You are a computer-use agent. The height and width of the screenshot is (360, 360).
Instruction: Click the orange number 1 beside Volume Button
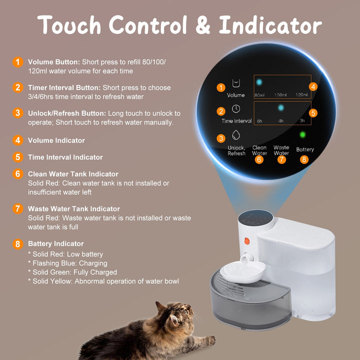(18, 62)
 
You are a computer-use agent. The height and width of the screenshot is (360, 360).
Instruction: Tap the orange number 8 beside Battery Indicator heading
(18, 244)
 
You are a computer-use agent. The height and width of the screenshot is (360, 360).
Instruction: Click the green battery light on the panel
(302, 134)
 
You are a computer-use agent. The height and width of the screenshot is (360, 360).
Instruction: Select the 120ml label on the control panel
(301, 95)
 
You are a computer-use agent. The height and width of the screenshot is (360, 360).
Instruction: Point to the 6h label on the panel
(259, 121)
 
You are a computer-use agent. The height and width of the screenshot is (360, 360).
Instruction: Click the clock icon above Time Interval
(236, 108)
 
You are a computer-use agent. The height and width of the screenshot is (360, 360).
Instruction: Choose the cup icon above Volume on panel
(236, 82)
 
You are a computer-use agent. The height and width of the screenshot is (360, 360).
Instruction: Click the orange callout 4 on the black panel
(313, 86)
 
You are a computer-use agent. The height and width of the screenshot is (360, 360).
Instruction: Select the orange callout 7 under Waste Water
(281, 160)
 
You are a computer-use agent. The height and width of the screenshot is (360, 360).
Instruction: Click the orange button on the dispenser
(246, 240)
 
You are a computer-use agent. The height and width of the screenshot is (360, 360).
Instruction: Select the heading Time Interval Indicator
(65, 157)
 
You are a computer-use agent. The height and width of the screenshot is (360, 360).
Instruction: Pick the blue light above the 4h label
(280, 107)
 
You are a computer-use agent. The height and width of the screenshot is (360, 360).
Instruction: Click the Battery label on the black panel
(305, 149)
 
